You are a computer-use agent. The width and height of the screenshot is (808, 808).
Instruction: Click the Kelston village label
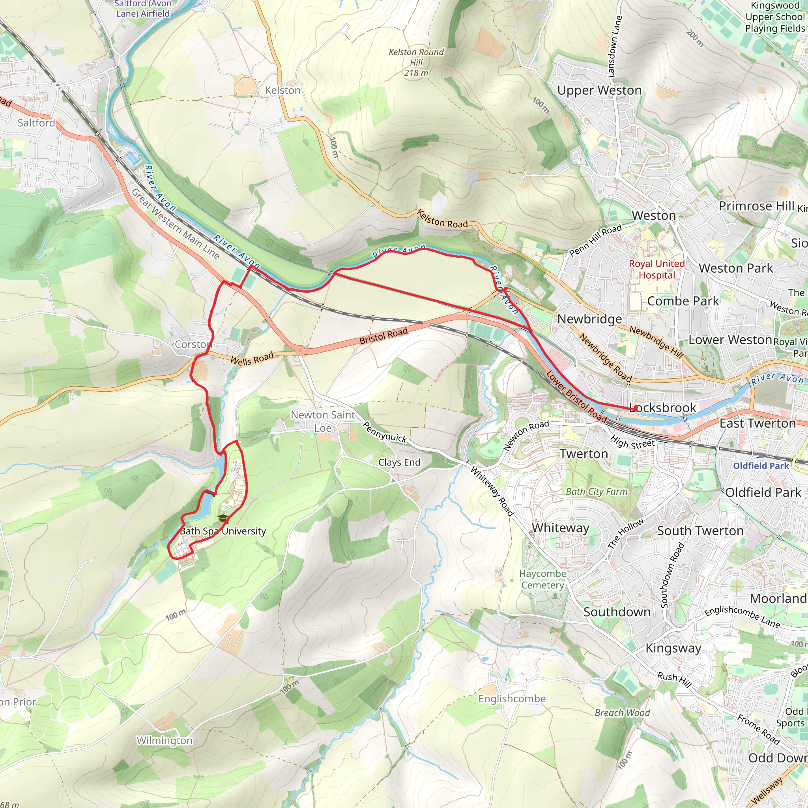click(283, 90)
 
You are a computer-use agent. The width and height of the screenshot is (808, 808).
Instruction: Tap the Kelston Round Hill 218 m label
click(416, 62)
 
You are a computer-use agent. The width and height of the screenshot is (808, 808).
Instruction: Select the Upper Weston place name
click(599, 90)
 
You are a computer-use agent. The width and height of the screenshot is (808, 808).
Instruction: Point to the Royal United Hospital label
click(656, 269)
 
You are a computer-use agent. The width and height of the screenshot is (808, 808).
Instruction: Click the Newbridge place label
click(589, 319)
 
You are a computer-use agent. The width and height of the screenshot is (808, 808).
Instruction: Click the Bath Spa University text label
click(223, 531)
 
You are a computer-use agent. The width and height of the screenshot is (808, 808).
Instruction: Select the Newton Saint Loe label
click(323, 421)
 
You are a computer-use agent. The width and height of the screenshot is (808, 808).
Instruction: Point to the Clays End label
click(399, 462)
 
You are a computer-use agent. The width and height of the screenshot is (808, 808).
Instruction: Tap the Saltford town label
click(36, 123)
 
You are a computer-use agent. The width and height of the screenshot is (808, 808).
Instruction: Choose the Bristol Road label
click(383, 336)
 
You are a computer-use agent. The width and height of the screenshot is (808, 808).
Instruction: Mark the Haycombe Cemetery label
click(542, 579)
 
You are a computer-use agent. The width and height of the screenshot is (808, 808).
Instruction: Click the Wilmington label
click(165, 741)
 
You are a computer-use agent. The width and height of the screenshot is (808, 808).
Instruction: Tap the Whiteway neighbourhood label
click(560, 528)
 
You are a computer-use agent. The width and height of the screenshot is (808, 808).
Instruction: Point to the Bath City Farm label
click(597, 492)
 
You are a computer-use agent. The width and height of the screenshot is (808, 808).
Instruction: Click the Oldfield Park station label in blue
click(761, 466)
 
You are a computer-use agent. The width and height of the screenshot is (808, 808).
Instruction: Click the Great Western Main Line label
click(175, 224)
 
